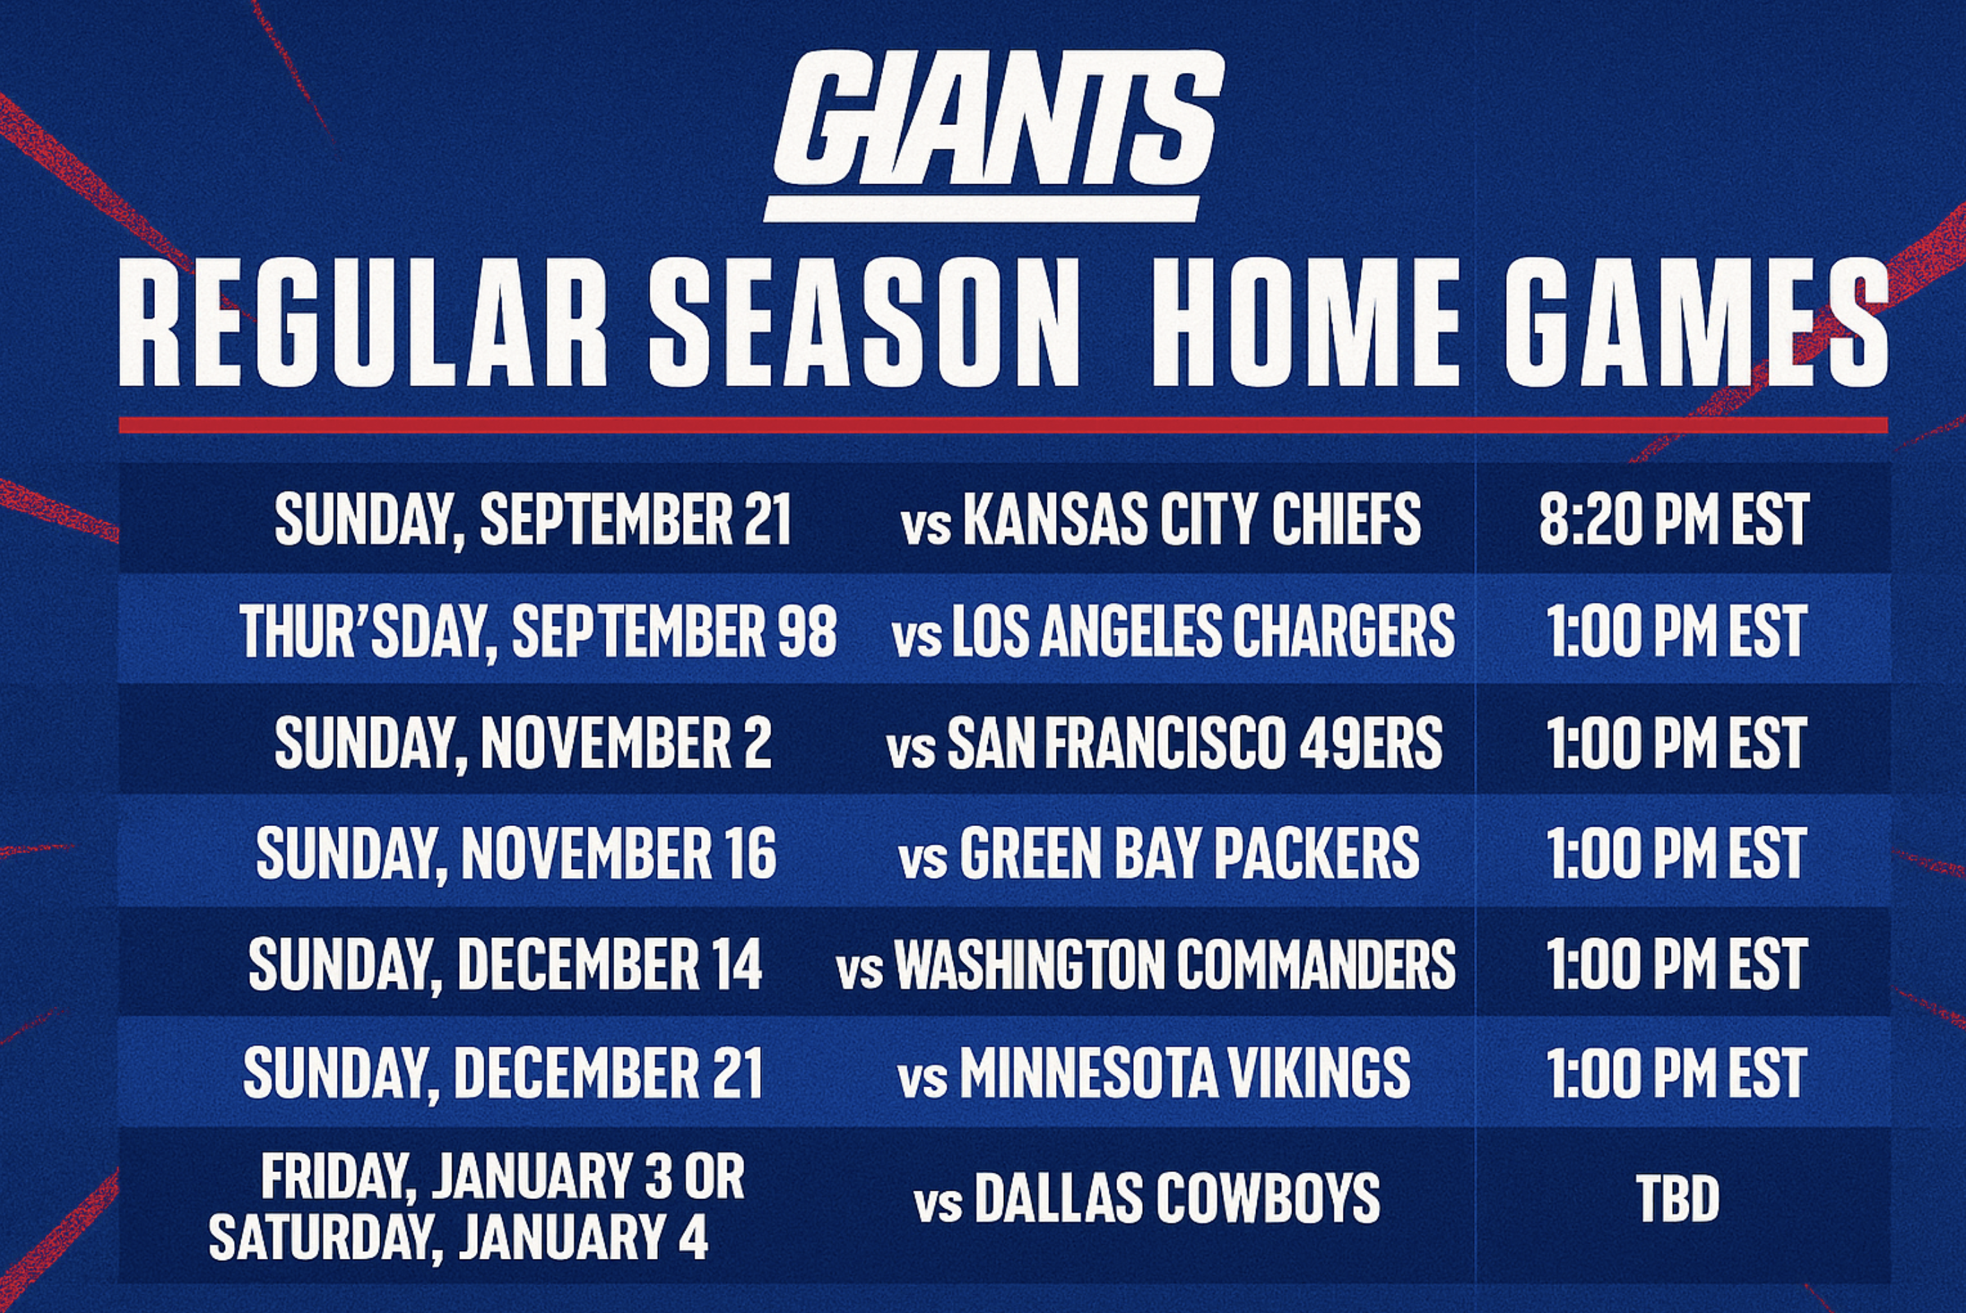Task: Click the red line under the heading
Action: click(x=1003, y=424)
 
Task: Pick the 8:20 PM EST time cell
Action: click(x=1675, y=519)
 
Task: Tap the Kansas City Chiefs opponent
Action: click(x=1162, y=519)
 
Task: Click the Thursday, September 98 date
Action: click(x=538, y=631)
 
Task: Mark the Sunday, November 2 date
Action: click(x=523, y=743)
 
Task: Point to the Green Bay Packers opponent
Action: click(x=1159, y=853)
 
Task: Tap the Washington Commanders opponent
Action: click(x=1146, y=964)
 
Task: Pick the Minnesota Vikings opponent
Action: click(x=1155, y=1073)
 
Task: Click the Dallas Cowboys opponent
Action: click(x=1147, y=1198)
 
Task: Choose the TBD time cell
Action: click(x=1678, y=1198)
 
